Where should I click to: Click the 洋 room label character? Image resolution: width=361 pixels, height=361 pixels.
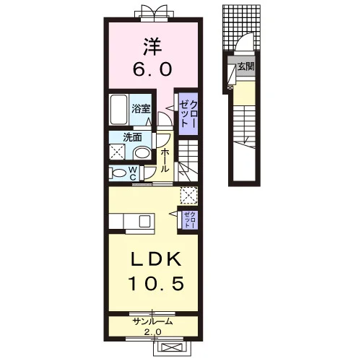tap(152, 47)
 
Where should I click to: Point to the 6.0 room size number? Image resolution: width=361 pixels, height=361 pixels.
tap(152, 69)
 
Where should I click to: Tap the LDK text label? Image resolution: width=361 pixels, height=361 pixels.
tap(156, 259)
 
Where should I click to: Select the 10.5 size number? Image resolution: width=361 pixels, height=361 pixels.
tap(157, 283)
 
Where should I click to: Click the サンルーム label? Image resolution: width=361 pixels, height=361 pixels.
tap(153, 321)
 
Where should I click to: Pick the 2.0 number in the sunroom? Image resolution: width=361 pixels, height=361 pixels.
tap(152, 332)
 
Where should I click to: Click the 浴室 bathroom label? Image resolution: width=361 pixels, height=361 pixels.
tap(141, 108)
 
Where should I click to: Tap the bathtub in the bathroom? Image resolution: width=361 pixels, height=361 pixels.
tap(118, 109)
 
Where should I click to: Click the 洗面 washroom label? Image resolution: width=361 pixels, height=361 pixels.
tap(132, 137)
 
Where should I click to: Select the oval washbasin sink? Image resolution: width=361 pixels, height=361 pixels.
tap(142, 153)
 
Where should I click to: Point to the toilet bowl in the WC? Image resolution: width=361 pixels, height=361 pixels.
tap(119, 173)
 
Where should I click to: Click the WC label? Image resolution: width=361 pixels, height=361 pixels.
tap(133, 173)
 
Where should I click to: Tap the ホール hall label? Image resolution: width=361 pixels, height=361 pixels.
tap(165, 160)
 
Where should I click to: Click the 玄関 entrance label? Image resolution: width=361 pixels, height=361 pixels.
tap(246, 66)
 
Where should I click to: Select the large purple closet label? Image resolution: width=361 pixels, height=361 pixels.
tap(188, 114)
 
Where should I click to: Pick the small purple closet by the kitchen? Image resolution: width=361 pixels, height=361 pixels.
tap(190, 220)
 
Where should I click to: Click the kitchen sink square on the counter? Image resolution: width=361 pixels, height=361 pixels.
tap(144, 222)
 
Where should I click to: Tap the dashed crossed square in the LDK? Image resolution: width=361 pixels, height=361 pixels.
tap(189, 196)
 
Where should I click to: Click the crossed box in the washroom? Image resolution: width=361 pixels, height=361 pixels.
tap(117, 152)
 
